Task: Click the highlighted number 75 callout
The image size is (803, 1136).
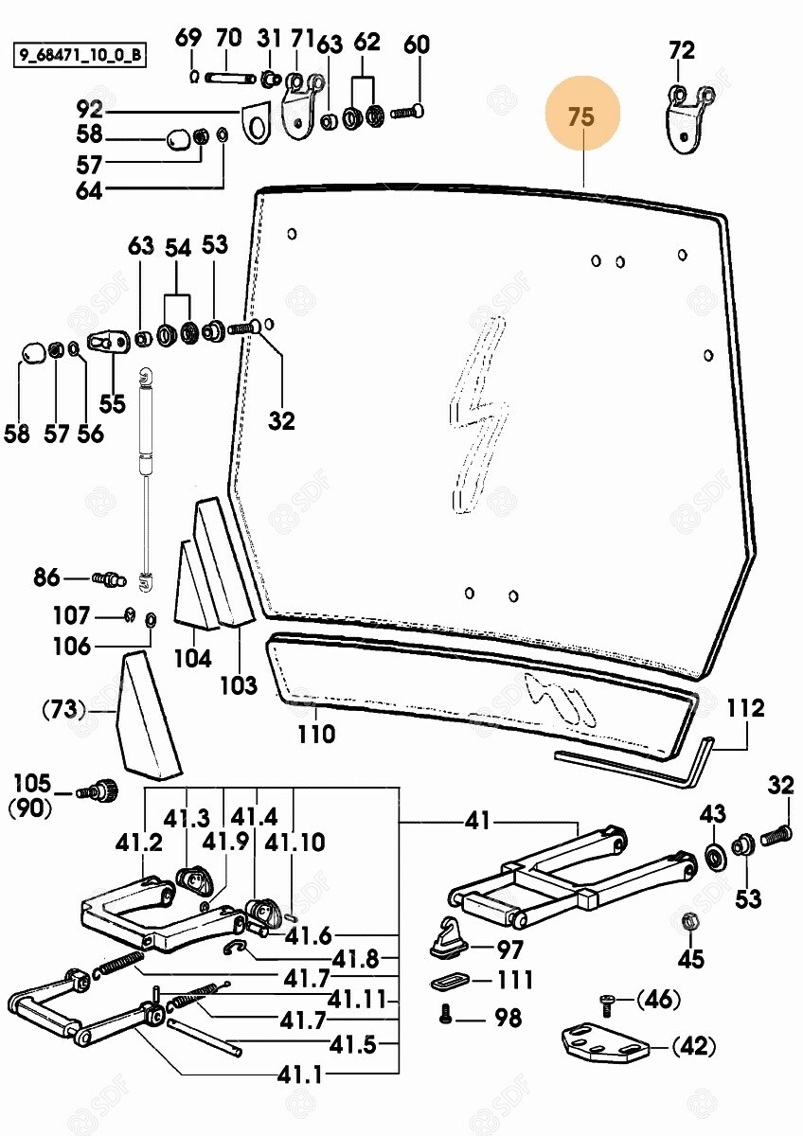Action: coord(581,117)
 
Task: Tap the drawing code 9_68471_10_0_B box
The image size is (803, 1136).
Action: coord(79,56)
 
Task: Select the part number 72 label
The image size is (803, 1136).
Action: coord(682,50)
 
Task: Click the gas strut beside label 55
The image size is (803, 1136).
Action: coord(145,473)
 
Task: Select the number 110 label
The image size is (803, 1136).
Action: coord(315,733)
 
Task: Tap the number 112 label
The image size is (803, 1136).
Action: coord(746,708)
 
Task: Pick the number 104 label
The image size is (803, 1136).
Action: coord(193,658)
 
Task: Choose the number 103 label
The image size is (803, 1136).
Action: coord(239,683)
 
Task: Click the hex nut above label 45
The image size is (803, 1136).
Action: coord(691,920)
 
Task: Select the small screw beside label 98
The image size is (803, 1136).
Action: coord(446,1017)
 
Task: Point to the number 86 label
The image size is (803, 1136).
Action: coord(45,577)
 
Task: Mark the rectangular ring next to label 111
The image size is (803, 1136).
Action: coord(450,980)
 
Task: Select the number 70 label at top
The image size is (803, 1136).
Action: coord(228,39)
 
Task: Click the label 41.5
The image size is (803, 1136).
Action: coord(354,1045)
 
